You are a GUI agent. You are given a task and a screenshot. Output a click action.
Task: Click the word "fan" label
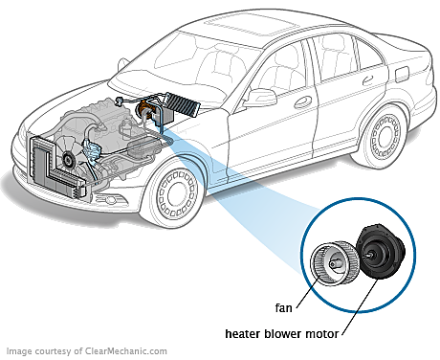click(x=283, y=308)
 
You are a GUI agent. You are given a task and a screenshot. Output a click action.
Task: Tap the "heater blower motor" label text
click(x=282, y=334)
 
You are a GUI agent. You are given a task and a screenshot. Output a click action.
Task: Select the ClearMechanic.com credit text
click(x=87, y=351)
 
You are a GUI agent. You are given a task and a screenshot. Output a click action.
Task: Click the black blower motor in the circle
click(x=380, y=251)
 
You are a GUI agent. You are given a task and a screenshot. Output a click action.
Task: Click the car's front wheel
click(x=176, y=193)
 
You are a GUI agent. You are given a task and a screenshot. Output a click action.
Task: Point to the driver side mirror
click(x=262, y=97)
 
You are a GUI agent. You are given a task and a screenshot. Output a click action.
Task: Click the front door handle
click(x=302, y=101)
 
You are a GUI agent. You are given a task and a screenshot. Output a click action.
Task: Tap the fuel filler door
click(x=403, y=75)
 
